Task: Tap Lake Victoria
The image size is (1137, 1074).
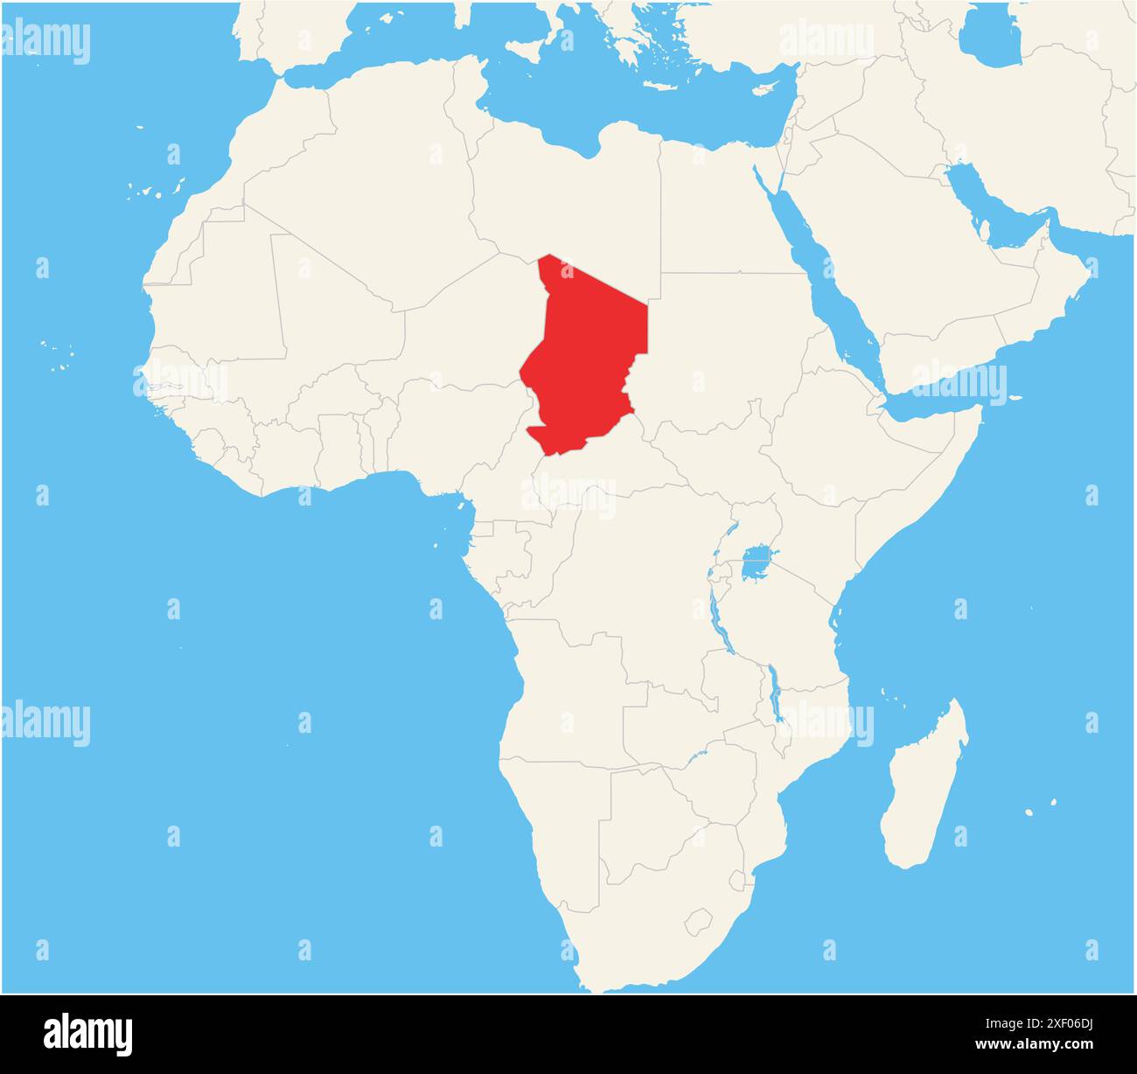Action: click(757, 564)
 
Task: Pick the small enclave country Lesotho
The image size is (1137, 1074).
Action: click(698, 921)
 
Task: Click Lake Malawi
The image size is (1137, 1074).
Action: click(774, 691)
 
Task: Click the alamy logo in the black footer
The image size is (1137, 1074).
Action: click(88, 1034)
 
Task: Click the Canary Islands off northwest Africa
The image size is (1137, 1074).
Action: click(157, 188)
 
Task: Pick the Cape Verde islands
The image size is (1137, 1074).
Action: click(57, 350)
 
